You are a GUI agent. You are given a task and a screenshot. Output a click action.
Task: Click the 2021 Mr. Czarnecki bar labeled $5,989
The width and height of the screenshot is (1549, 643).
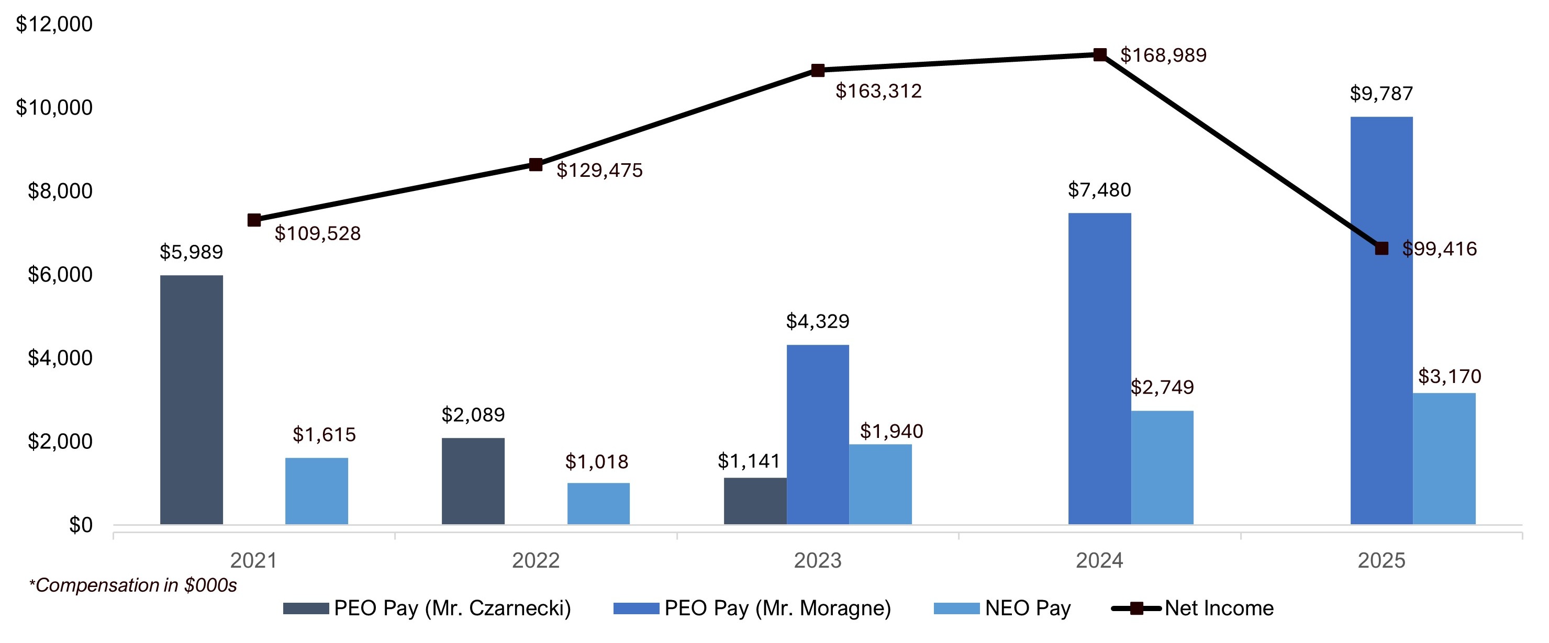pos(191,400)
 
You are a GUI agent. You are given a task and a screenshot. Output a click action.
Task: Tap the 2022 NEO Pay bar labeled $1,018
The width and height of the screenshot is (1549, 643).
pos(598,504)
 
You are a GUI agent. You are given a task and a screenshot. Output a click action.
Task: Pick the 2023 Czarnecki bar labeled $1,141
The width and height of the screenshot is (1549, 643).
pos(755,501)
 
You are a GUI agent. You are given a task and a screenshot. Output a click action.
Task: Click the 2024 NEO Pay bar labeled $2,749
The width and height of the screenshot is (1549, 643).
pos(1162,468)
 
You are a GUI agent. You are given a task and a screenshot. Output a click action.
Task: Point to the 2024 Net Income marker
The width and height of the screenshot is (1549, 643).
pos(1100,55)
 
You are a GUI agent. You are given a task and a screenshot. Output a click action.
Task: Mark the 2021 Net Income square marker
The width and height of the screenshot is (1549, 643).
pos(254,220)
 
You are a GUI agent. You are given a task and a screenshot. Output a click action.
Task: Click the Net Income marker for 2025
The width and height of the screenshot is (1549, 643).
pos(1382,248)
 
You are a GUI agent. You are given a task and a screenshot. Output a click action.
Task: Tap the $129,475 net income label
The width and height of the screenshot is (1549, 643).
pos(599,171)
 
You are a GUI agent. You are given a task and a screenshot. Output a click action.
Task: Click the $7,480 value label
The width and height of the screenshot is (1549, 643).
pos(1099,190)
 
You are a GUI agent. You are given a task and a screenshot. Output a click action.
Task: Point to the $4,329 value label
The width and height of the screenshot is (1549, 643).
pos(817,321)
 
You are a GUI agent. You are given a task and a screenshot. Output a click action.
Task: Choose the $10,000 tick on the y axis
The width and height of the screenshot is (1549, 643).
pos(54,108)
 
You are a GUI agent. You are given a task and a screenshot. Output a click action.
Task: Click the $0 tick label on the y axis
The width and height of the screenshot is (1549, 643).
pos(81,525)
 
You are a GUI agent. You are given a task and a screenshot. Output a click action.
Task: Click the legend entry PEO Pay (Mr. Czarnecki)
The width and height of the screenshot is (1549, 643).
pos(427,608)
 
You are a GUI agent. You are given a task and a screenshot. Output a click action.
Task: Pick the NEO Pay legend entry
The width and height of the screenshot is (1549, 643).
pos(1002,608)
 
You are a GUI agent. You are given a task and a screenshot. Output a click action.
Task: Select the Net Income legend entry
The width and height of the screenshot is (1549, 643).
pos(1194,608)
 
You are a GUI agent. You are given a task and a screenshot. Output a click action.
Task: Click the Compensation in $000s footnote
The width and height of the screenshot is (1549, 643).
pos(133,585)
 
